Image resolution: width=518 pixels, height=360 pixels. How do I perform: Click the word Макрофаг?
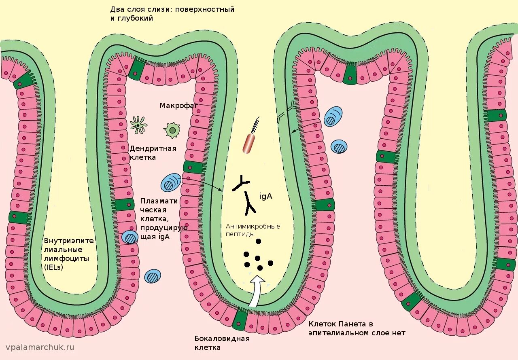pos(178,106)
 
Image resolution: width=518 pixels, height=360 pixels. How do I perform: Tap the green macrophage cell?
pos(172,130)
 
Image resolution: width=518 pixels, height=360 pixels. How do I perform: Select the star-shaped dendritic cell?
pos(138,125)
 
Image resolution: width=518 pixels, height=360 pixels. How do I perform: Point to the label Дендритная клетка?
pos(153,152)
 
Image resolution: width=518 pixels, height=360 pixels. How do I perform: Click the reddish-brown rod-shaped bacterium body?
pos(249,144)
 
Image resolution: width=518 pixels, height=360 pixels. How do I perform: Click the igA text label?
pos(266,197)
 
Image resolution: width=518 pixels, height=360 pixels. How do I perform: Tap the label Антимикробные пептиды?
pos(253,230)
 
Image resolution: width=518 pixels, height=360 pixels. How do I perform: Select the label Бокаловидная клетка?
pos(222,343)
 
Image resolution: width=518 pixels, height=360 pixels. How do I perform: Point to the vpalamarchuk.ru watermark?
pos(40,347)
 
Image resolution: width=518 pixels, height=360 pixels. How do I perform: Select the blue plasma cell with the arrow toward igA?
pos(171,182)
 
